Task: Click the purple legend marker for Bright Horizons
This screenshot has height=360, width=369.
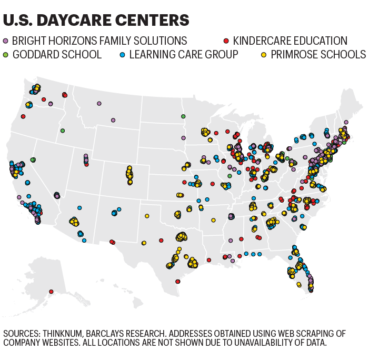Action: point(6,41)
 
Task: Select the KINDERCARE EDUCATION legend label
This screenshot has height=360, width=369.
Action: point(290,41)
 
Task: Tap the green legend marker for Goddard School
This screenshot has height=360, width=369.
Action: point(6,54)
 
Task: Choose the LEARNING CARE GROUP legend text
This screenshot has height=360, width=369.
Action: point(184,54)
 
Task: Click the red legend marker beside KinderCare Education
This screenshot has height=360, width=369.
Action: point(226,41)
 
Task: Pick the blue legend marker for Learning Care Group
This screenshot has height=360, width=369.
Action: point(123,54)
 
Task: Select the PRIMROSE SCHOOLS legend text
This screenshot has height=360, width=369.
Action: point(318,54)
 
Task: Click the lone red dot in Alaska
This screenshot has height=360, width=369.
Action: point(51,292)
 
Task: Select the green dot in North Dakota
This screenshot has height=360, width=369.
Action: point(183,116)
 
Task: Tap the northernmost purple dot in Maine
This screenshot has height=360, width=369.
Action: point(346,122)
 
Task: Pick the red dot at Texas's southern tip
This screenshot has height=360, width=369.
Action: point(178,281)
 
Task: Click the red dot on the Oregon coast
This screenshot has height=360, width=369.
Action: point(23,116)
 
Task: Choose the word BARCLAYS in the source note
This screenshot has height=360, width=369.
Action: point(113,334)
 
